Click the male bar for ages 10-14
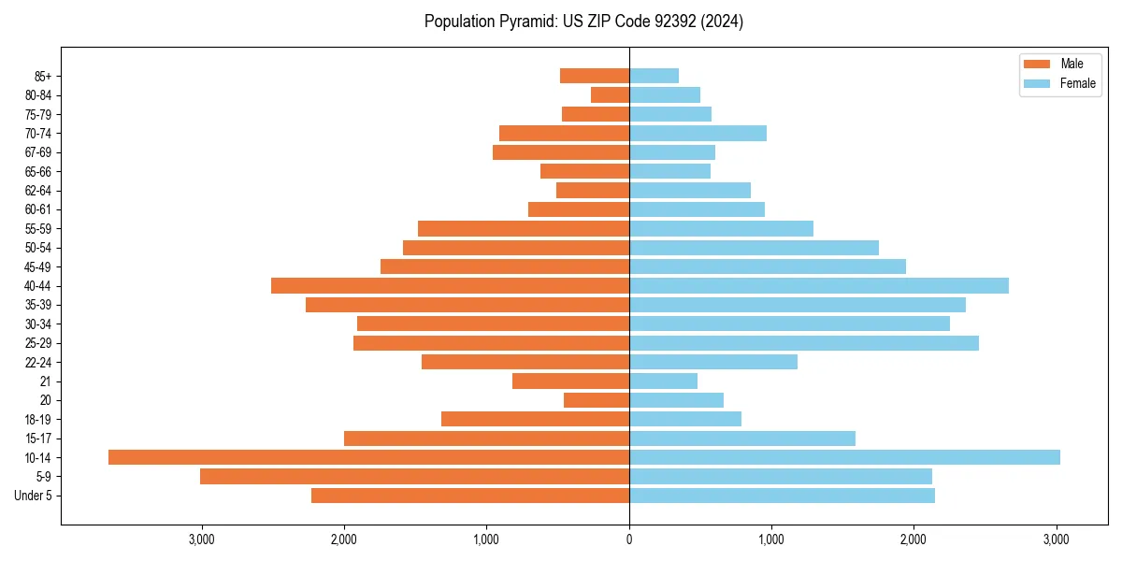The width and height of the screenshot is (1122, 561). (x=368, y=457)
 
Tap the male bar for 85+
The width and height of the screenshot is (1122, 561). (x=595, y=76)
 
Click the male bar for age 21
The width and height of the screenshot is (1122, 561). (x=570, y=381)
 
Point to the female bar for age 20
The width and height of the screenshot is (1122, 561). (x=676, y=400)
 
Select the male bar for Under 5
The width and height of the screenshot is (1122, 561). (x=470, y=496)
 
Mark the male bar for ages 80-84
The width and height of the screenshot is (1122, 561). (x=610, y=95)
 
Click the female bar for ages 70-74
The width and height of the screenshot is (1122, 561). (x=698, y=134)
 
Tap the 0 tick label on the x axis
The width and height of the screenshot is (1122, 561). (x=629, y=539)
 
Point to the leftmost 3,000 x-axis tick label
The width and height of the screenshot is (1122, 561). (x=202, y=539)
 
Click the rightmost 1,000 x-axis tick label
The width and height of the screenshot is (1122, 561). (x=771, y=539)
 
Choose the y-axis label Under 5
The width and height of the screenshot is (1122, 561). (x=34, y=496)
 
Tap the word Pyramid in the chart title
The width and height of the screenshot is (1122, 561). (x=525, y=22)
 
